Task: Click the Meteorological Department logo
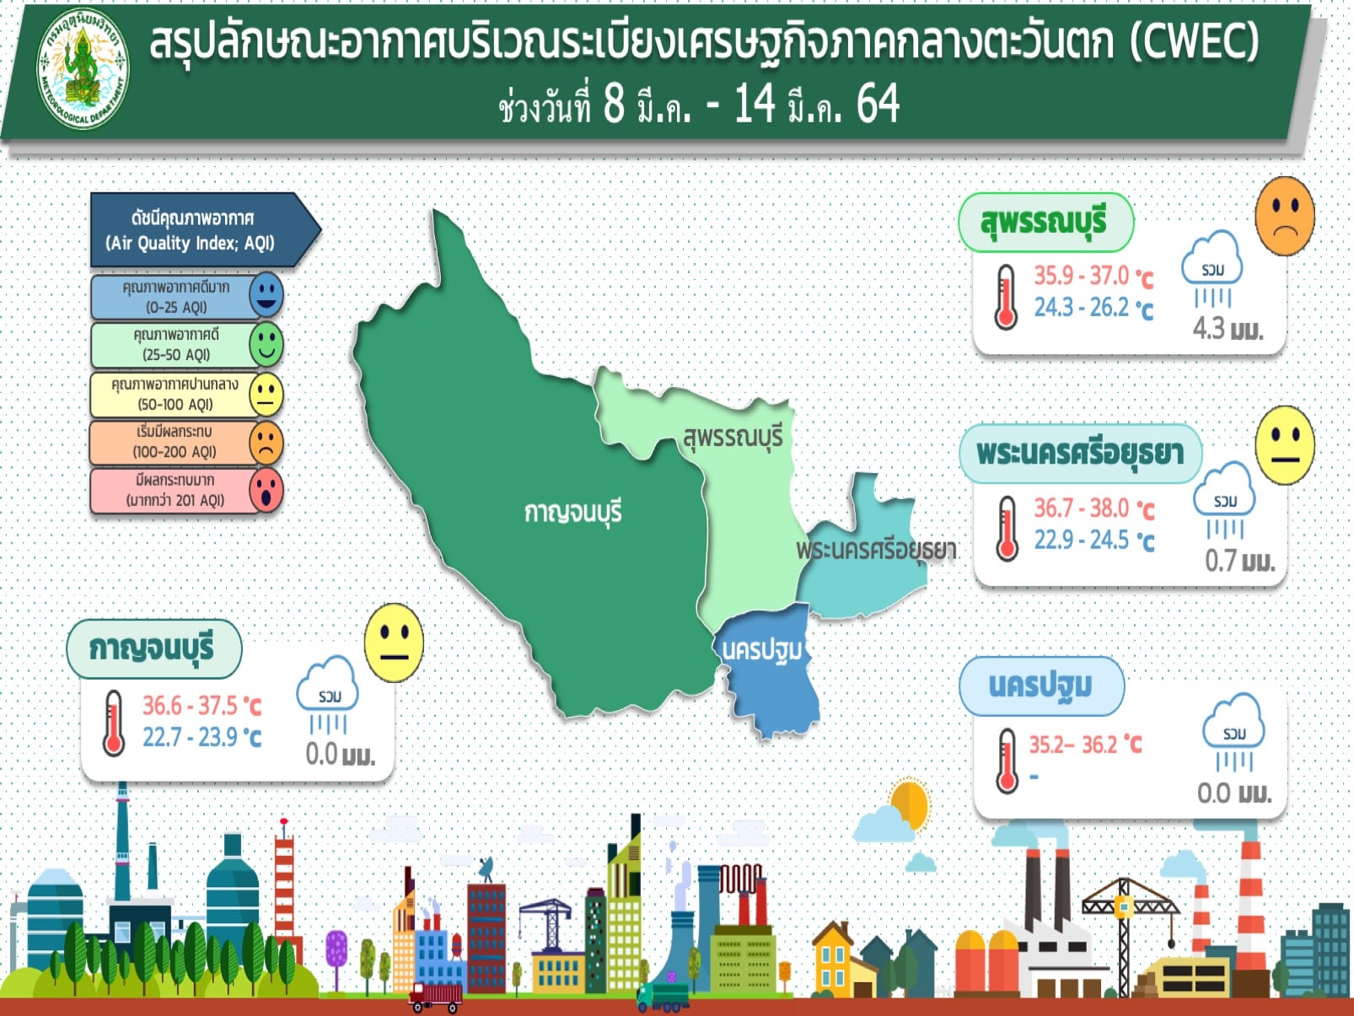83,68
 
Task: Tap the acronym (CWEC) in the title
1194,42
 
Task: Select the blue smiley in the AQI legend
266,294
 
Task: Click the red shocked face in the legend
266,491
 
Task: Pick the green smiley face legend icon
266,344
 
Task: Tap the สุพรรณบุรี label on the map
733,438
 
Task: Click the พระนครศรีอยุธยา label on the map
876,551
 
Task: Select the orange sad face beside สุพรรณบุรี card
1285,216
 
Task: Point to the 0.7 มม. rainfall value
1240,562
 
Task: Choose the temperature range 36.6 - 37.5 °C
202,705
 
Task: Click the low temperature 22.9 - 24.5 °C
1093,540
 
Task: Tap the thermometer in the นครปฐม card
1007,761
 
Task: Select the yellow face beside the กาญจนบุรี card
395,642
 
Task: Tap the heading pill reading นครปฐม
1041,686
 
